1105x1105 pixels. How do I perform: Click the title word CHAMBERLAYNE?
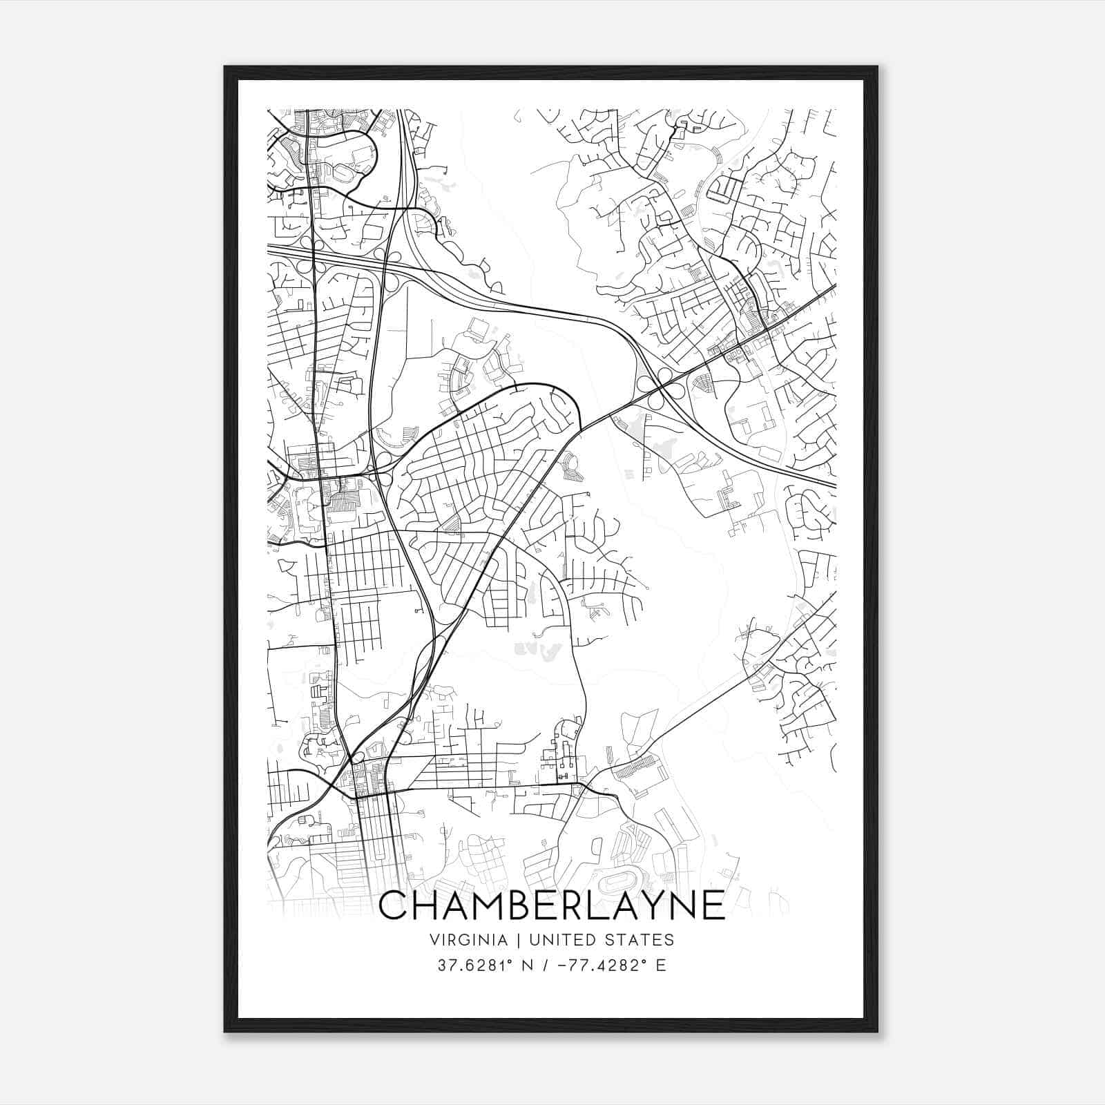point(552,905)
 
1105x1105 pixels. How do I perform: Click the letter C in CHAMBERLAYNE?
point(396,905)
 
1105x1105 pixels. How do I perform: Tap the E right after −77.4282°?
point(661,965)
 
